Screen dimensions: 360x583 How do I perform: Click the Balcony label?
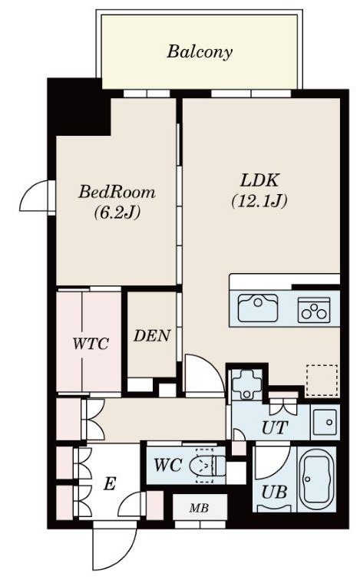(x=200, y=52)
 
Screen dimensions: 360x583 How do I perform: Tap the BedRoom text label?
(x=117, y=193)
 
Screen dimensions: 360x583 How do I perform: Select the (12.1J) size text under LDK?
(x=259, y=201)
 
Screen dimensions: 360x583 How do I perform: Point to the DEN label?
(x=152, y=336)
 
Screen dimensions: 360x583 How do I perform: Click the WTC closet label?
(x=91, y=343)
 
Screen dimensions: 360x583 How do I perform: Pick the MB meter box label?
(x=199, y=508)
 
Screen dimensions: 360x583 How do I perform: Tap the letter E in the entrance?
(x=109, y=484)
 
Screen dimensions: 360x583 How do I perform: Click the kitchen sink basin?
(x=258, y=308)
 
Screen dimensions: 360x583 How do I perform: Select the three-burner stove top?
(x=314, y=310)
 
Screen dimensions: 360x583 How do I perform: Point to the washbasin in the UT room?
(x=325, y=423)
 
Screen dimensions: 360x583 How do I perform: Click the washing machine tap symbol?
(x=247, y=384)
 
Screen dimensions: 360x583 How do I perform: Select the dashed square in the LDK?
(x=322, y=380)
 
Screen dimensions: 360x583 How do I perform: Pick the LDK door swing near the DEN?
(x=205, y=374)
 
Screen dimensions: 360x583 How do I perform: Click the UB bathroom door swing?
(x=272, y=463)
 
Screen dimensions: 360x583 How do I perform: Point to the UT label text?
(x=275, y=427)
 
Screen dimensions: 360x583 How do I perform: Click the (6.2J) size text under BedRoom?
(x=117, y=213)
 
